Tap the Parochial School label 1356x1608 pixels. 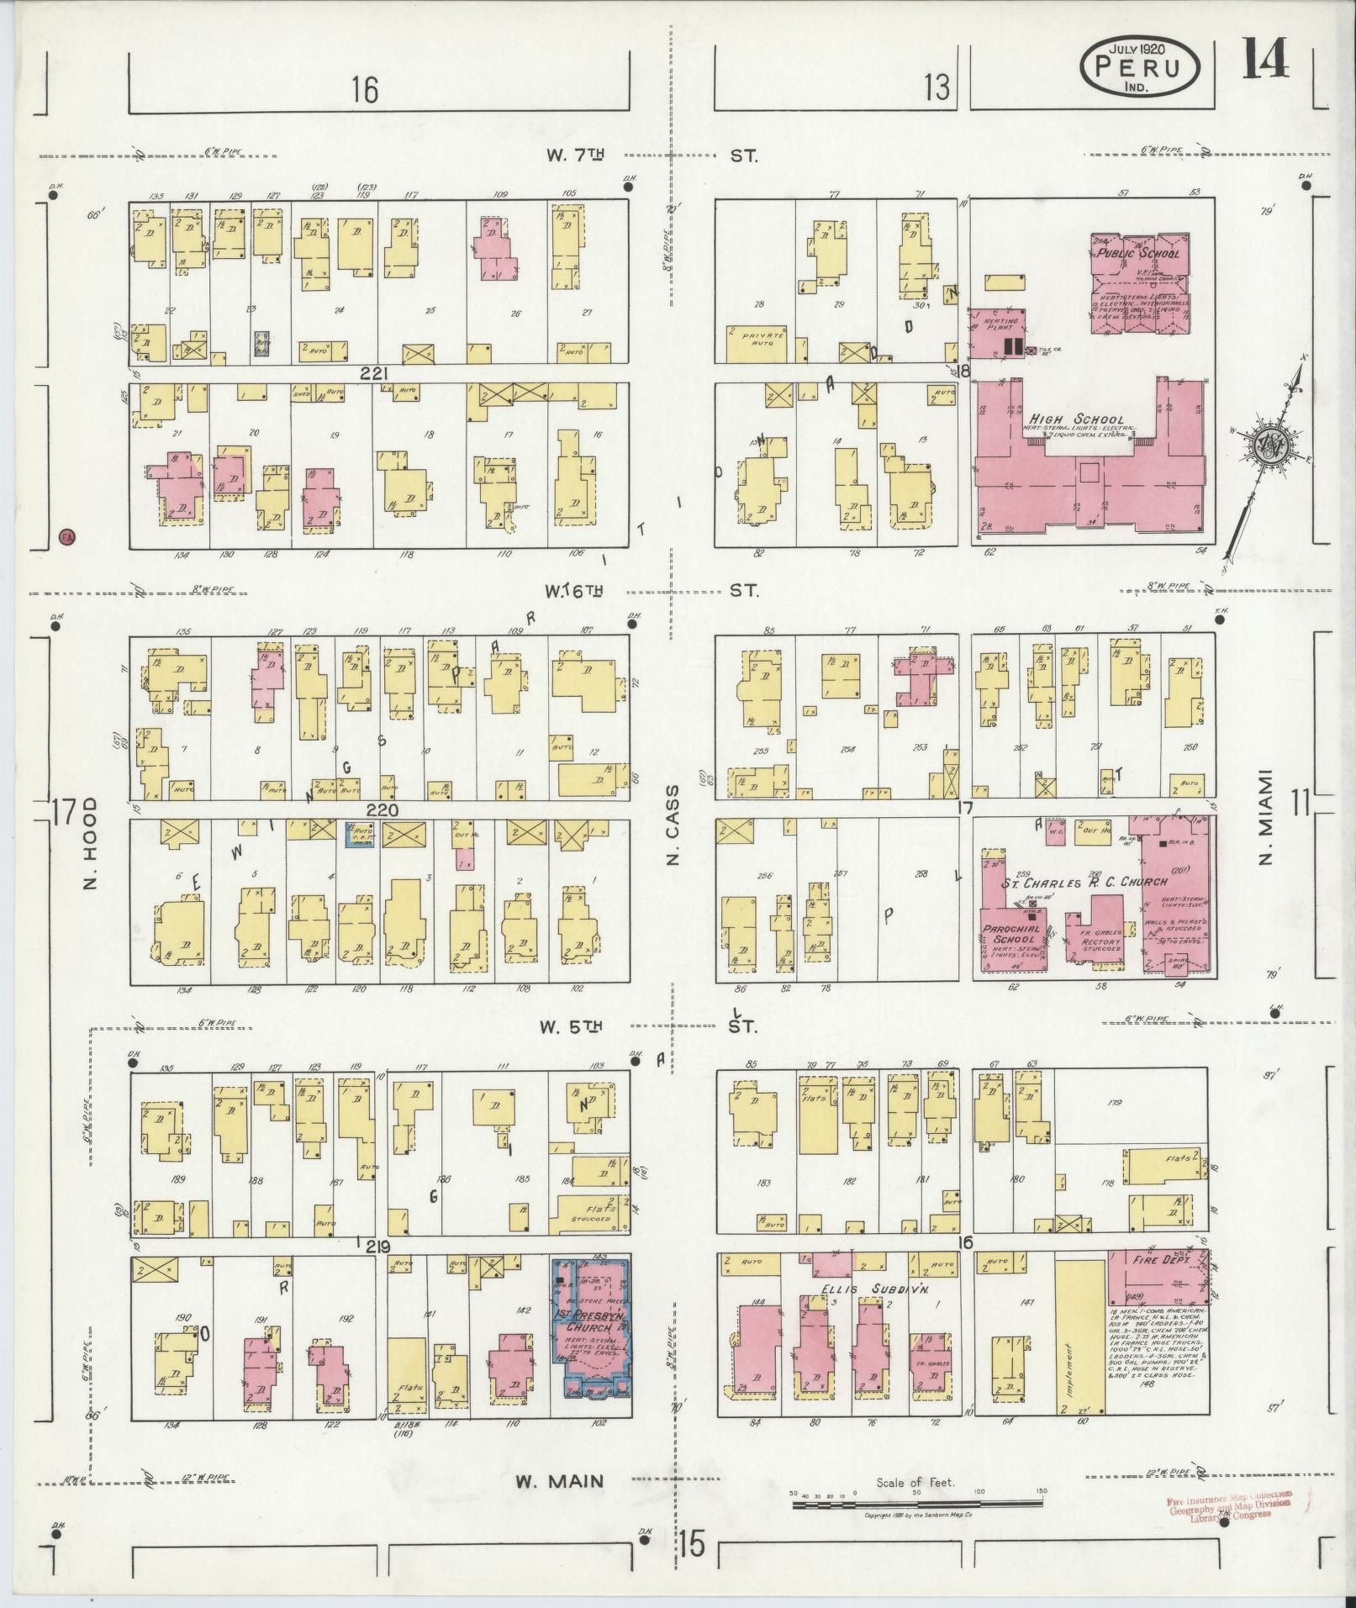click(1010, 934)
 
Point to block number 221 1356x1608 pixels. click(371, 373)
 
